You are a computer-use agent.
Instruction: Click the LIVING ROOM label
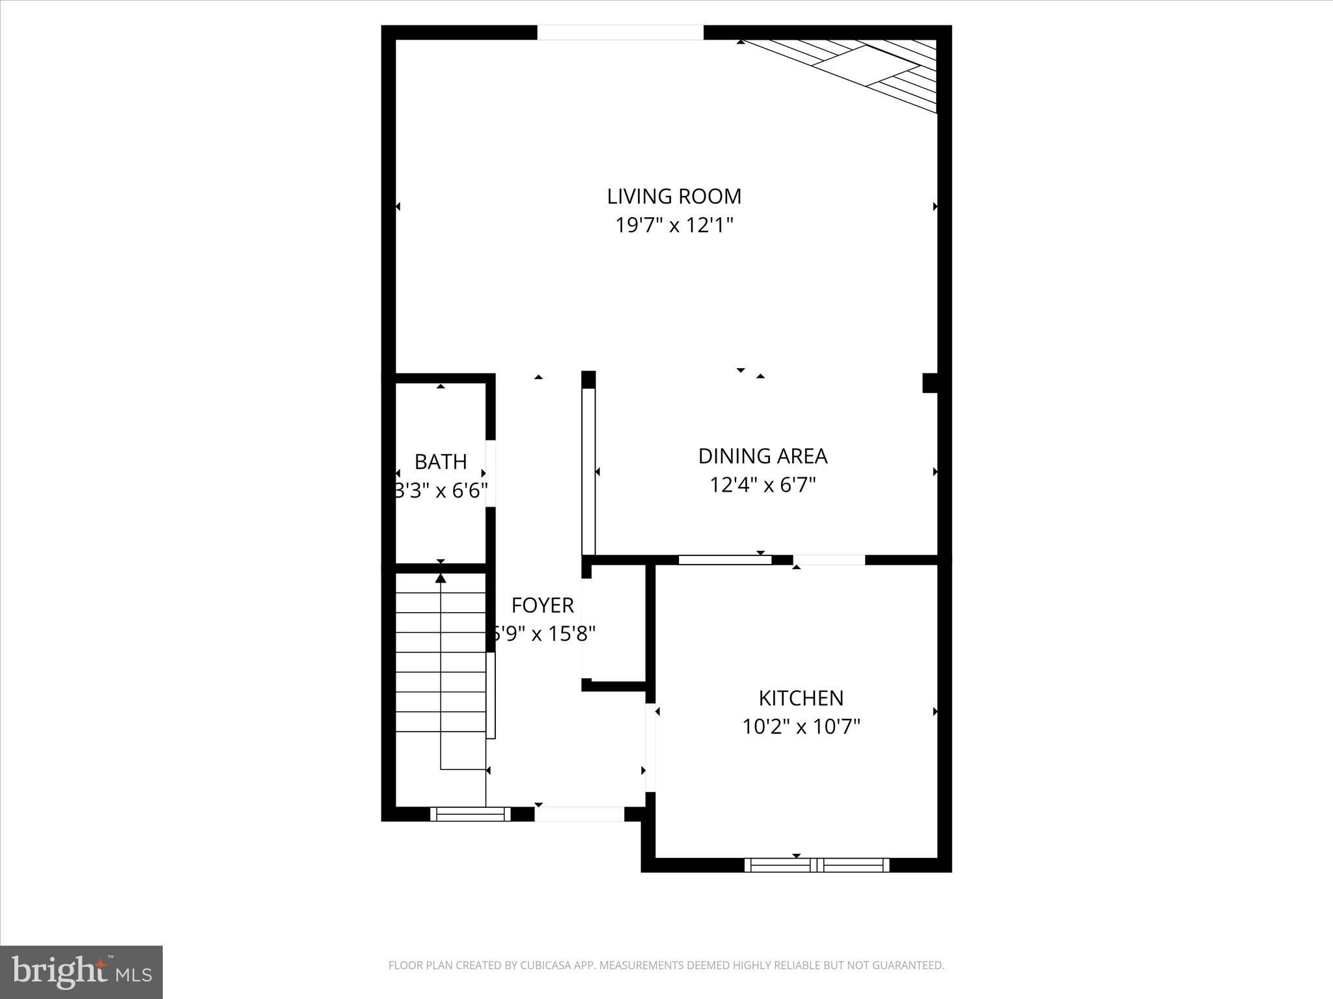[x=674, y=196]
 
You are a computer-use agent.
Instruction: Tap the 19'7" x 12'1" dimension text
[x=674, y=225]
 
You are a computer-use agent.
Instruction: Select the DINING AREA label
[x=762, y=456]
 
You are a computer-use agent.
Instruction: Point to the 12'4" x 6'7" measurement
[x=762, y=485]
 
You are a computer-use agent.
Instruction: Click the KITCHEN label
[x=801, y=698]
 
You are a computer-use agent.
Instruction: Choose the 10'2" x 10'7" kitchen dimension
[x=801, y=726]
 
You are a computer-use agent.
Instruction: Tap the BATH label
[x=441, y=461]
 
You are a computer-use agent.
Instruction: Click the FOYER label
[x=542, y=605]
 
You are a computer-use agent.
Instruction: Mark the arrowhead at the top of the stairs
[x=441, y=578]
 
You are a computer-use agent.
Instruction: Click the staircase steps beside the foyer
[x=441, y=663]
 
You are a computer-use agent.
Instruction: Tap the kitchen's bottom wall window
[x=817, y=864]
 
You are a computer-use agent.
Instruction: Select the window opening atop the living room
[x=620, y=33]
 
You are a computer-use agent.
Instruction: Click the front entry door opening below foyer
[x=579, y=814]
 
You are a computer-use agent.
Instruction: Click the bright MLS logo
[x=81, y=972]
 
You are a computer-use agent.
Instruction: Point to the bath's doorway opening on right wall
[x=491, y=473]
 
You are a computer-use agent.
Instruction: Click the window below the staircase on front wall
[x=470, y=814]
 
